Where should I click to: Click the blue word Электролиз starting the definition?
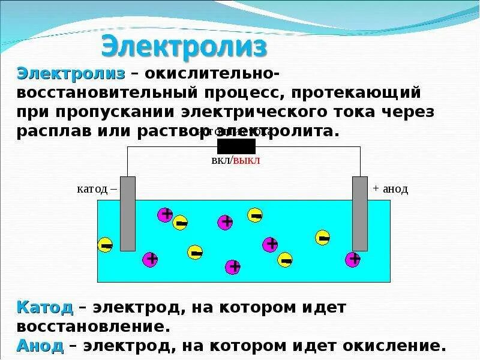71,74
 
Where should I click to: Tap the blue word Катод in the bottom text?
45,308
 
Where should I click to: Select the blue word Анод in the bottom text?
40,346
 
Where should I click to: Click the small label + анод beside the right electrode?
390,189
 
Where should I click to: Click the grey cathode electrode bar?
128,213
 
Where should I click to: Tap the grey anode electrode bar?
359,213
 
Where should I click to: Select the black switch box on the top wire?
236,146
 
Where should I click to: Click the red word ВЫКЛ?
247,161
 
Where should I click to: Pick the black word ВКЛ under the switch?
221,161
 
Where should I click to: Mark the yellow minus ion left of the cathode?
106,245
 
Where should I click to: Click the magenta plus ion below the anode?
353,259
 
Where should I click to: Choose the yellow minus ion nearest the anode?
323,238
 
